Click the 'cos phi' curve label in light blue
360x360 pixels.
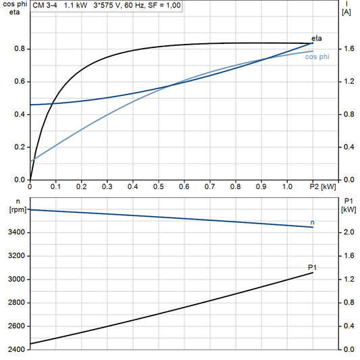(317, 57)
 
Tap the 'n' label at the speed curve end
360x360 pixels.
(312, 222)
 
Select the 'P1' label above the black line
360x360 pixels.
(312, 267)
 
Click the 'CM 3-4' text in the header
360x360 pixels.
(46, 5)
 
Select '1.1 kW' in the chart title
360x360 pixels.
(75, 5)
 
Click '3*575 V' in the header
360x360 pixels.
(107, 5)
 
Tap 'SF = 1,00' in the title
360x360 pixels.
(165, 5)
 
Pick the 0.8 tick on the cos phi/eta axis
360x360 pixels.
(19, 49)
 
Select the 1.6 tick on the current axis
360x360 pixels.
(348, 49)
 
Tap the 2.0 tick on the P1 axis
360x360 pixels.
(348, 232)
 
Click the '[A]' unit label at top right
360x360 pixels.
(346, 12)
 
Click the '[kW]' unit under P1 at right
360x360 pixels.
(349, 209)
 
